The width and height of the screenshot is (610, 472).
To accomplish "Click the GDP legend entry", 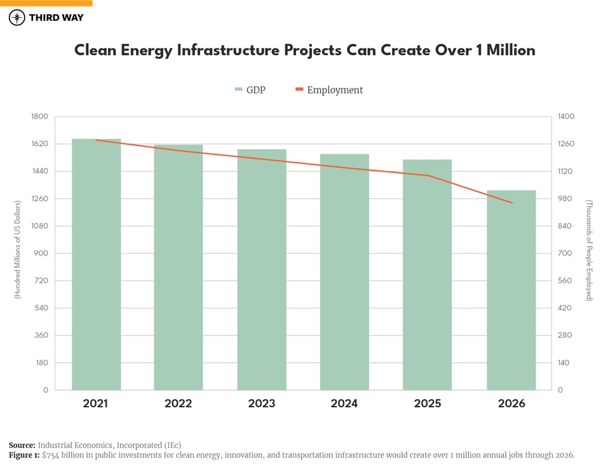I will (250, 90).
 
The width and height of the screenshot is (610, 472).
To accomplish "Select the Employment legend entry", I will (329, 90).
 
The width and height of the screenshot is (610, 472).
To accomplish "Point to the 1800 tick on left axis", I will (39, 117).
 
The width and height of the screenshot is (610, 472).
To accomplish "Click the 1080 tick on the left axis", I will (39, 226).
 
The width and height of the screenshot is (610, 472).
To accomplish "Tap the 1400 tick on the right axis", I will (566, 117).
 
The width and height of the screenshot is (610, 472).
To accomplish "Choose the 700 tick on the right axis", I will (564, 253).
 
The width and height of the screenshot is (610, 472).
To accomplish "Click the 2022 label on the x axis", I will (178, 404).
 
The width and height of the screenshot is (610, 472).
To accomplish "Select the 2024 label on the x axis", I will (344, 404).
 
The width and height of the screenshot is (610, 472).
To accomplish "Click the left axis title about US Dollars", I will (18, 250).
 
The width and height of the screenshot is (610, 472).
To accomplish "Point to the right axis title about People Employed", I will (589, 250).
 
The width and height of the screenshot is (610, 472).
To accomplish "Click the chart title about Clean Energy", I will (305, 50).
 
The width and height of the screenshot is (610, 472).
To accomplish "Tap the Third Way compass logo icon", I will (17, 17).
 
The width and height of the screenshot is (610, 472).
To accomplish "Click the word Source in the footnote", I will (22, 445).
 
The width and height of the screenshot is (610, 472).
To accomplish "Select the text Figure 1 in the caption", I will (24, 455).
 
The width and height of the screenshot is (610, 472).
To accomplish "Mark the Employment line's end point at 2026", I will (512, 203).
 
